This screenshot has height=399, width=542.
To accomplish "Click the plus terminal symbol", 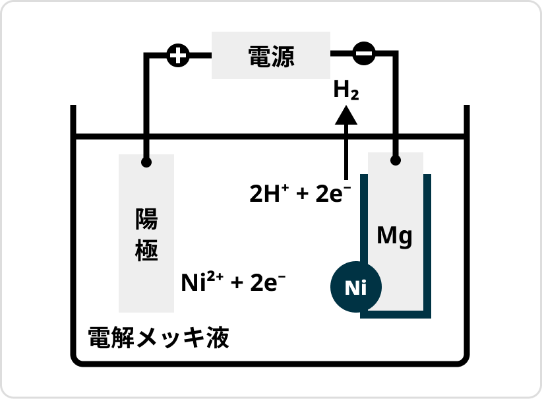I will [177, 55].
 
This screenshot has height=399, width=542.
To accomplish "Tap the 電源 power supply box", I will [270, 55].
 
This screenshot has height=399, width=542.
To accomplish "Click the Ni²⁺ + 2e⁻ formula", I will [233, 282].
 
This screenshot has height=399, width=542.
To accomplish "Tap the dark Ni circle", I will [355, 287].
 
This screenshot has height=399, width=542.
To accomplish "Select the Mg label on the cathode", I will [394, 235].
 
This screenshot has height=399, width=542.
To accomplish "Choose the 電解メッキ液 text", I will [158, 338].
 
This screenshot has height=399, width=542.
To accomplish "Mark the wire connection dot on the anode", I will [146, 162].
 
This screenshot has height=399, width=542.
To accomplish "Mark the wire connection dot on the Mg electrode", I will [396, 160].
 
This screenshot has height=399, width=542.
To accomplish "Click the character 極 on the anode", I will [146, 251].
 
